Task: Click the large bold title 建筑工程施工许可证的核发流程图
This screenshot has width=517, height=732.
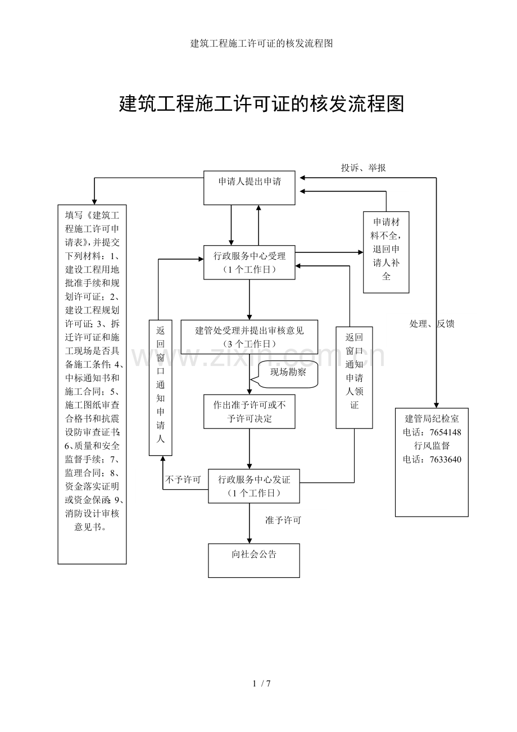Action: [x=261, y=103]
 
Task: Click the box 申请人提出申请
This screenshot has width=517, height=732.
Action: [x=249, y=188]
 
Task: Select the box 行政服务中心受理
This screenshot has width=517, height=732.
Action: [x=249, y=263]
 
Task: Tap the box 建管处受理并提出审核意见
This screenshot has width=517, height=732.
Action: [x=249, y=337]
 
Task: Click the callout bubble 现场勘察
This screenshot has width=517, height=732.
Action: [x=288, y=373]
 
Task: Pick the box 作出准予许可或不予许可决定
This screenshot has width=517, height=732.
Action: [x=249, y=412]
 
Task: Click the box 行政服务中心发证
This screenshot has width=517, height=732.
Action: [x=253, y=486]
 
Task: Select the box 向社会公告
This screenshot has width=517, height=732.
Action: [x=253, y=560]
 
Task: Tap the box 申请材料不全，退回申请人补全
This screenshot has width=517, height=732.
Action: [x=386, y=252]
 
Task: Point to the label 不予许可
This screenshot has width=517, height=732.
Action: [x=183, y=480]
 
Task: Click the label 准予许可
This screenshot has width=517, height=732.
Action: [x=283, y=521]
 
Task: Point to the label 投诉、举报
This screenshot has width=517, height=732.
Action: [x=363, y=168]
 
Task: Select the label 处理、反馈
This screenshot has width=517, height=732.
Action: [x=432, y=324]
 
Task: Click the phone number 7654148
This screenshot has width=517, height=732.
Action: [x=445, y=432]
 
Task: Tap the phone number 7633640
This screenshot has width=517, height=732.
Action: [x=445, y=459]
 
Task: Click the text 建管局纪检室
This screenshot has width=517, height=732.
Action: [x=432, y=419]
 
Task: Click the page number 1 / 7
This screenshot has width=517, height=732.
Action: [x=262, y=684]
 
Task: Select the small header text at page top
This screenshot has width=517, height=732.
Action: [x=261, y=43]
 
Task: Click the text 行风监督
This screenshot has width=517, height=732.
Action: [x=432, y=446]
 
